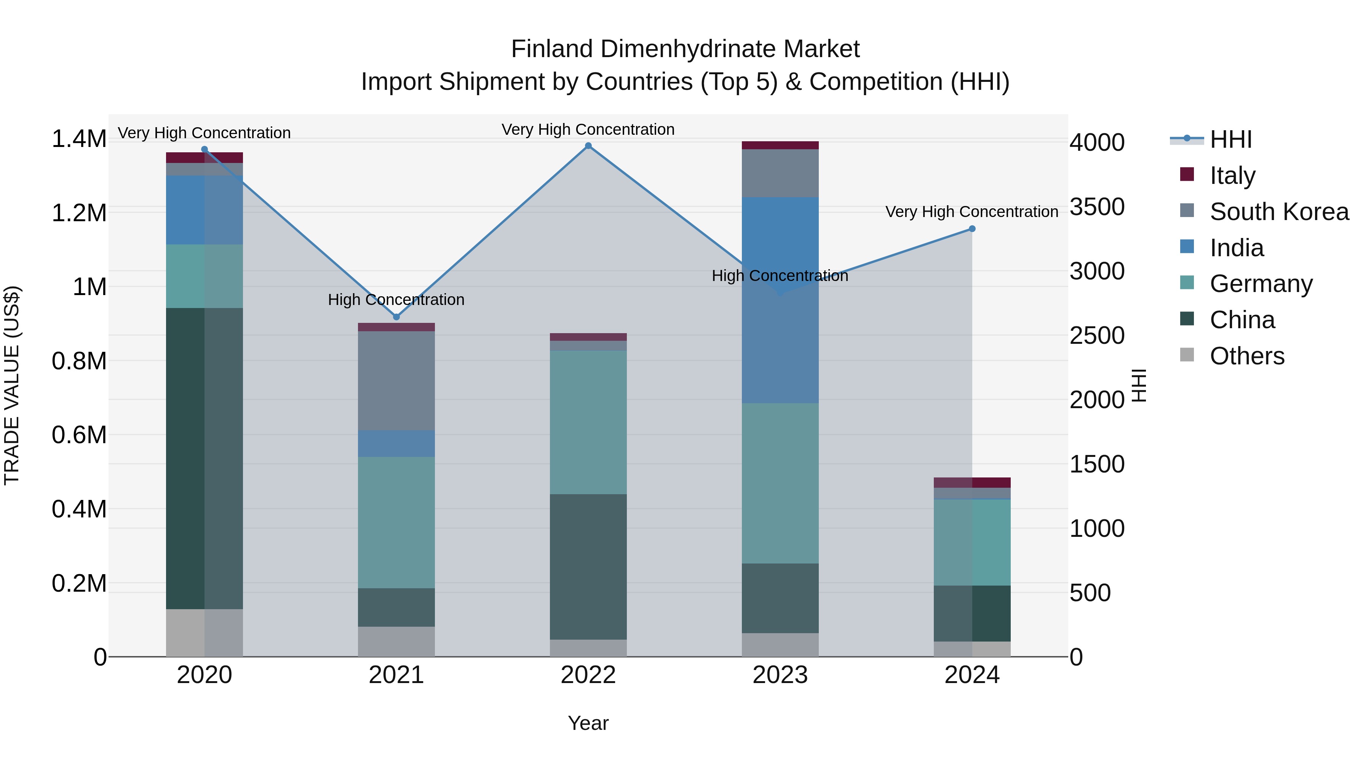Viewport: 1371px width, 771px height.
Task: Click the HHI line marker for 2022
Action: (588, 146)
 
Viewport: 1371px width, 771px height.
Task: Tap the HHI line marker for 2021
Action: (396, 317)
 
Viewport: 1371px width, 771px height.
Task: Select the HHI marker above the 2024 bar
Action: (972, 229)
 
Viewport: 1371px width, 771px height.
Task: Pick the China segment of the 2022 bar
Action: (588, 567)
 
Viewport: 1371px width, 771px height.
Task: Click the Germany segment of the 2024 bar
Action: (972, 542)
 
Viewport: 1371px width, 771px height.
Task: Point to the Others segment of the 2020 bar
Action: (205, 633)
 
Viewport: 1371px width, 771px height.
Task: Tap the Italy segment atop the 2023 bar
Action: (780, 145)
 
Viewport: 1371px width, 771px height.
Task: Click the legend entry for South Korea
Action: (1279, 212)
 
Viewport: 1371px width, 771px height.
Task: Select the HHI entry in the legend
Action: (1230, 139)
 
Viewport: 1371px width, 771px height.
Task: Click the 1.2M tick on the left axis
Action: (79, 213)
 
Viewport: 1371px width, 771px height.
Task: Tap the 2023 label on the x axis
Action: (780, 675)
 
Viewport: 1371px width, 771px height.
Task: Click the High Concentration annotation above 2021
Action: (396, 300)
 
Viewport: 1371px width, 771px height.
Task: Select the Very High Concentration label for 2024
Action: (972, 212)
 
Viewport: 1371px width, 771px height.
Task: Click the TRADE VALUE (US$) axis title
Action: (12, 385)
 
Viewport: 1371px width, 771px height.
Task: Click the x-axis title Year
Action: (588, 723)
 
